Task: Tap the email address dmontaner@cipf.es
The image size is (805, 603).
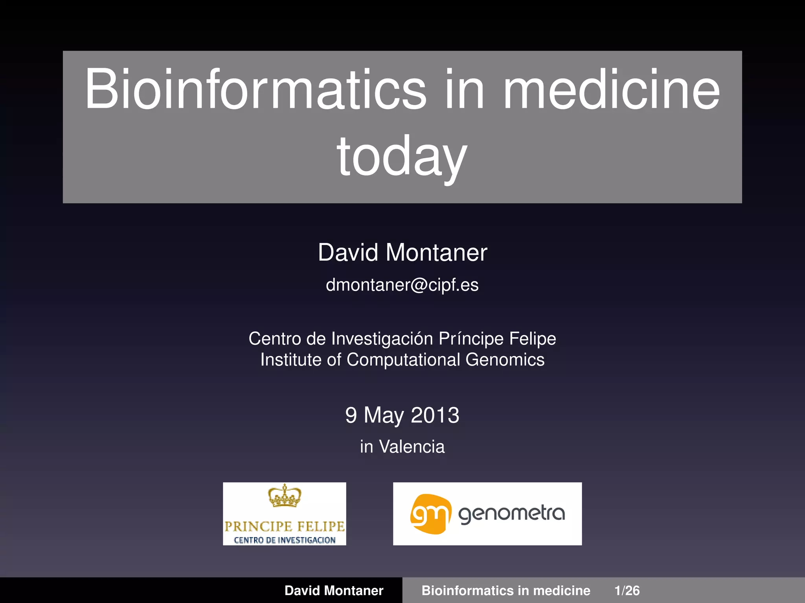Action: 402,285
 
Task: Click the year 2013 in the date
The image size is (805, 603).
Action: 435,415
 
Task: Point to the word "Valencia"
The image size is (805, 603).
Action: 412,447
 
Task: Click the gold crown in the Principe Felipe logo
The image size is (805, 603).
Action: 285,496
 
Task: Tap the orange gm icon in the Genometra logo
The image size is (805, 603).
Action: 430,514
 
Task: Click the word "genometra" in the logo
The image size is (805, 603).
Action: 511,513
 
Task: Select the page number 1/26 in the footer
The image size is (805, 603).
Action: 627,590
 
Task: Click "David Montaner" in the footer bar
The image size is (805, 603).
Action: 334,590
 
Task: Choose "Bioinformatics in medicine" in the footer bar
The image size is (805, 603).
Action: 506,590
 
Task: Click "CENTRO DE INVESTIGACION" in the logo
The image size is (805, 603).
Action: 285,540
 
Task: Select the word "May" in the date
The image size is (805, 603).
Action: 384,416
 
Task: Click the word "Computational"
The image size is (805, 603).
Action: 403,360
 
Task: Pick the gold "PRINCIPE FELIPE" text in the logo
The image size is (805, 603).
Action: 285,526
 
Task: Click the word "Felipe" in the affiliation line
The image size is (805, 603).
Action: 533,339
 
